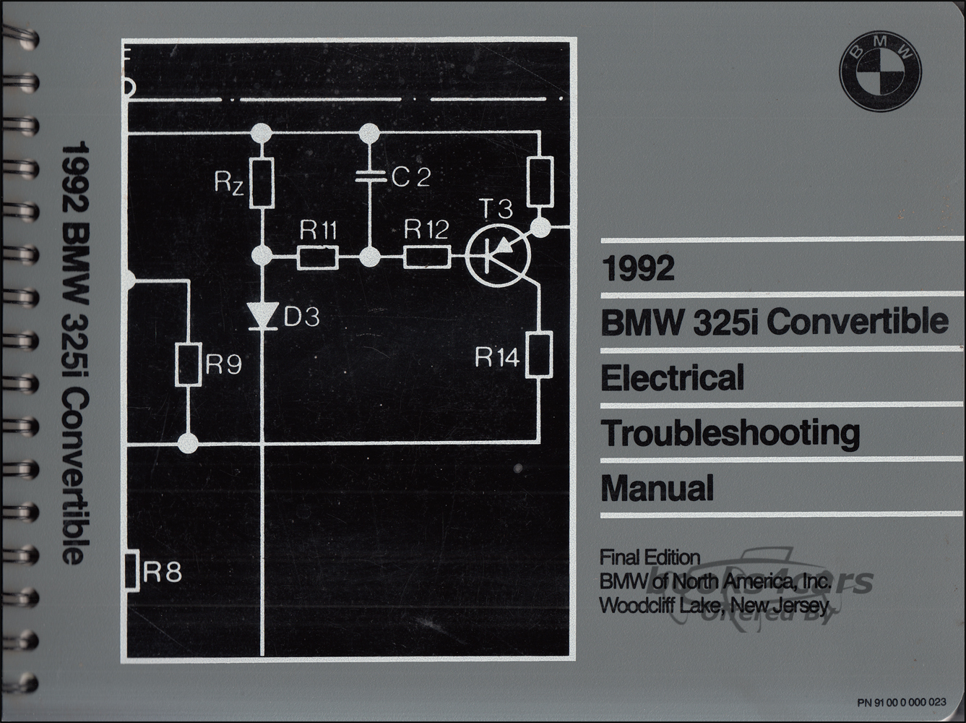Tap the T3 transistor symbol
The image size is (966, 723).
pos(498,255)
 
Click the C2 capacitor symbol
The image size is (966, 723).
pos(370,176)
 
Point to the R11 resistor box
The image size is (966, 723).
pos(318,257)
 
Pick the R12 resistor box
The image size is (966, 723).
pos(427,257)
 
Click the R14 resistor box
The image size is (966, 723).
pos(539,355)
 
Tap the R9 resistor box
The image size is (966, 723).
pos(189,364)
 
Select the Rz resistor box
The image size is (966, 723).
pos(262,183)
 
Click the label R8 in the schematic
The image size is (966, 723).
pos(162,573)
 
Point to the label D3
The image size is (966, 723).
pos(301,317)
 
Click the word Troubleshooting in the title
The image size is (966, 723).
pos(730,434)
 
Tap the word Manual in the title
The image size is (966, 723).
pos(657,487)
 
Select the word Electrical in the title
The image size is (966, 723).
pos(673,377)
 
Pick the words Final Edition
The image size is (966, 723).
pos(650,557)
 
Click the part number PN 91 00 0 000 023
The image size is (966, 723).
pos(902,702)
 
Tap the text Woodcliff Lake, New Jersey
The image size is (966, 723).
pos(714,606)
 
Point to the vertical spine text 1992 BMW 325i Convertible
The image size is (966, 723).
pos(75,352)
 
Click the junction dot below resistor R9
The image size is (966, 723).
pos(189,443)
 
